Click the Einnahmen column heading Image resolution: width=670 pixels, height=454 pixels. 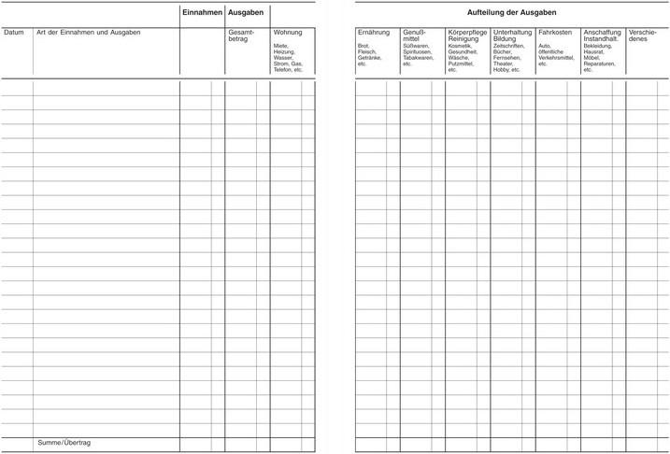tap(202, 12)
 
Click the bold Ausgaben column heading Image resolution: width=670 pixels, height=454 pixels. tap(246, 12)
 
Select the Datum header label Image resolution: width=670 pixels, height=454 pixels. tap(14, 33)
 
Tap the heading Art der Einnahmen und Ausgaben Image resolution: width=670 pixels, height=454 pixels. tap(88, 33)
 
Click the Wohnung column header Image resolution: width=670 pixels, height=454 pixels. tap(288, 33)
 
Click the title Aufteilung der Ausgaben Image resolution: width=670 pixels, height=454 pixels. tap(511, 12)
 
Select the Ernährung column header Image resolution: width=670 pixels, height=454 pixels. tap(374, 33)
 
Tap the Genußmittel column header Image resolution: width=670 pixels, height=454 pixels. tap(414, 35)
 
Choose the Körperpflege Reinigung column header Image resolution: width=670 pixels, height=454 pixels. tap(467, 35)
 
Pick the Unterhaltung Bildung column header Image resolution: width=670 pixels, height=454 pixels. tap(512, 35)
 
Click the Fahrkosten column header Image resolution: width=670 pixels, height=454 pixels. tap(555, 33)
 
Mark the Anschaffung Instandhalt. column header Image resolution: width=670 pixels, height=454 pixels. tap(602, 35)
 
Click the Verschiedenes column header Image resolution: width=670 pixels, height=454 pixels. tap(643, 35)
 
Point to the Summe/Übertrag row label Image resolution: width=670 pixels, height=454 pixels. tap(64, 442)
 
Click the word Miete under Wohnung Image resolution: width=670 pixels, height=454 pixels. tap(281, 46)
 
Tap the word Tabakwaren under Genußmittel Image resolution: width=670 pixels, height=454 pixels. tap(419, 58)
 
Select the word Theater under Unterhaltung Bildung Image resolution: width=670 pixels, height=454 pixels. tap(505, 64)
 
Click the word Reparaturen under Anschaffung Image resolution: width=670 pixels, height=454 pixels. tap(600, 64)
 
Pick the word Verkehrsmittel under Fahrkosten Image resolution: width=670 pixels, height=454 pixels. tap(557, 58)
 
